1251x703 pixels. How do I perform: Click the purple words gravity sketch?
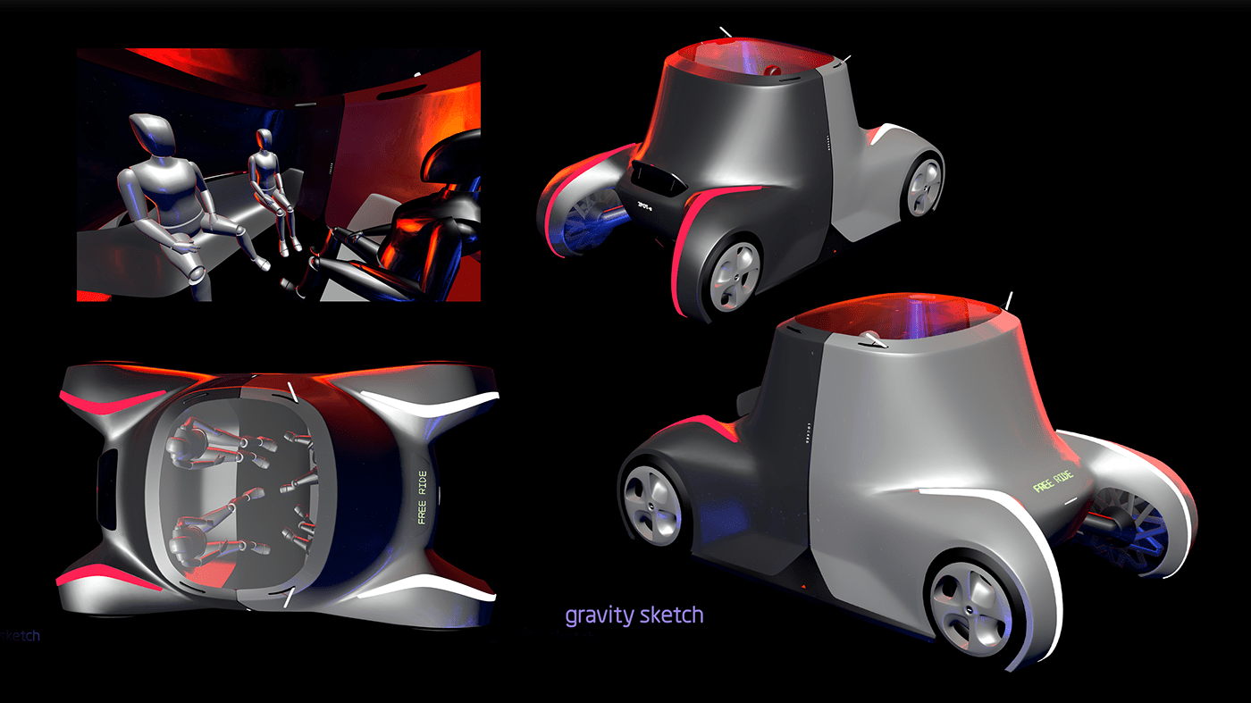tap(634, 615)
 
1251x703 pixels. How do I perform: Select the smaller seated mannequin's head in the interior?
tap(264, 139)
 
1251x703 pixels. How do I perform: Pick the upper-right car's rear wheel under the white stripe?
tap(925, 186)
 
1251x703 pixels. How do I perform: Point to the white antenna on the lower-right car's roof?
tap(1010, 300)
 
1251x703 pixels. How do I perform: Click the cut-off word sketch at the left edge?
tap(20, 636)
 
